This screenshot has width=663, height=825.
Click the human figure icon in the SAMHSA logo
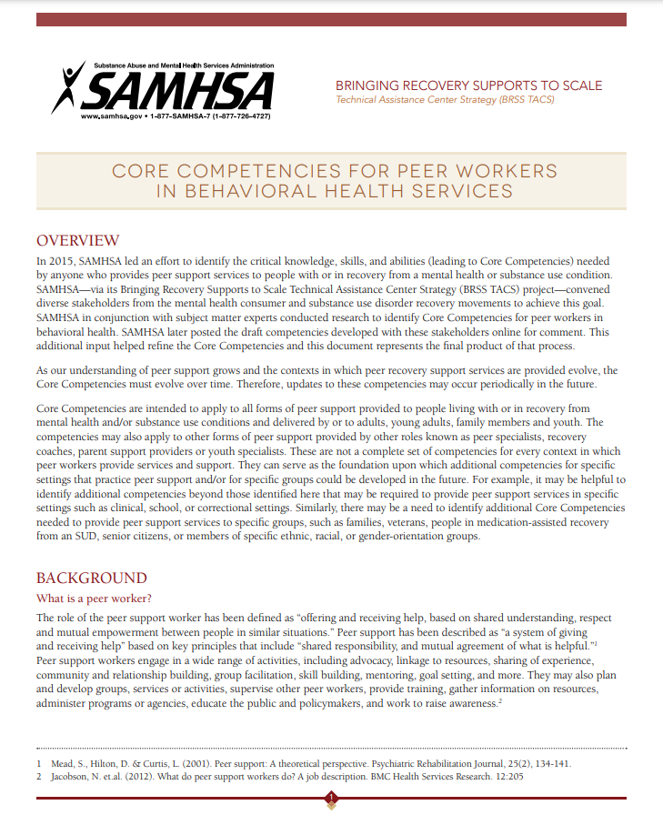click(x=68, y=86)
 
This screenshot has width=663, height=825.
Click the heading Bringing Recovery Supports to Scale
click(x=468, y=86)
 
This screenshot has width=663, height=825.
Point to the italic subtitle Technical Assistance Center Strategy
click(x=445, y=100)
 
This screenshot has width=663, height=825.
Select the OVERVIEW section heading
click(x=77, y=241)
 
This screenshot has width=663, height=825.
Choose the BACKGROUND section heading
click(x=91, y=579)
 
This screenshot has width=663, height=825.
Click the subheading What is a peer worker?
click(x=93, y=599)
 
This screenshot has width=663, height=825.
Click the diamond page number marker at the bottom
click(x=331, y=799)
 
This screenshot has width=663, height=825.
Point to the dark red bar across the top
click(x=331, y=19)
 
